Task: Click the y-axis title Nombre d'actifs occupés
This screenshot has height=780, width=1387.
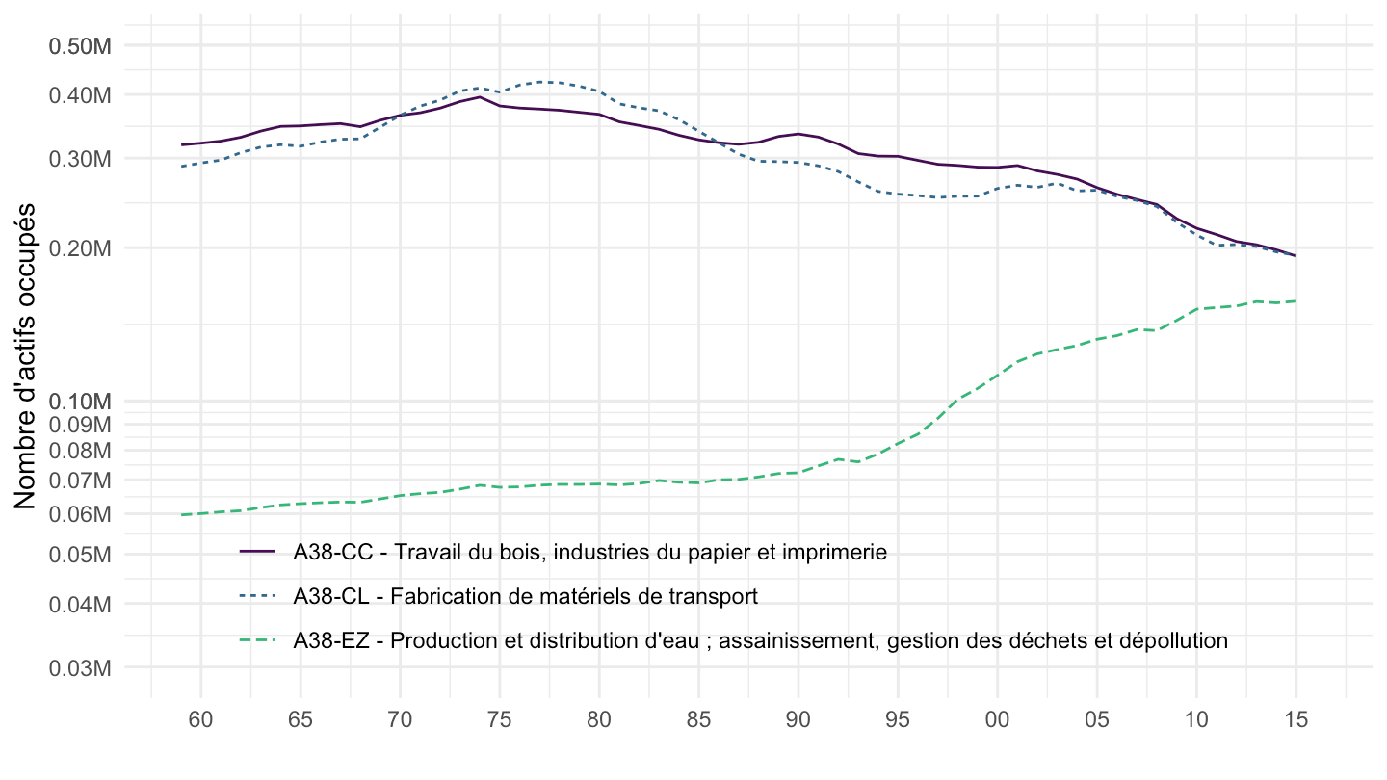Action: click(x=26, y=356)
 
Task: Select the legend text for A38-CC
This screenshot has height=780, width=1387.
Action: click(x=589, y=552)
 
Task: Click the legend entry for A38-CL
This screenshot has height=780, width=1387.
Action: click(x=526, y=596)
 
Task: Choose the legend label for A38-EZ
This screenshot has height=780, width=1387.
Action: click(x=761, y=640)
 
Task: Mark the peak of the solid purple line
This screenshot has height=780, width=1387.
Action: click(x=480, y=97)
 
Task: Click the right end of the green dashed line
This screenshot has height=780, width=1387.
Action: click(x=1295, y=301)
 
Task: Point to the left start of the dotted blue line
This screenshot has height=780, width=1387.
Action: click(x=182, y=167)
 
